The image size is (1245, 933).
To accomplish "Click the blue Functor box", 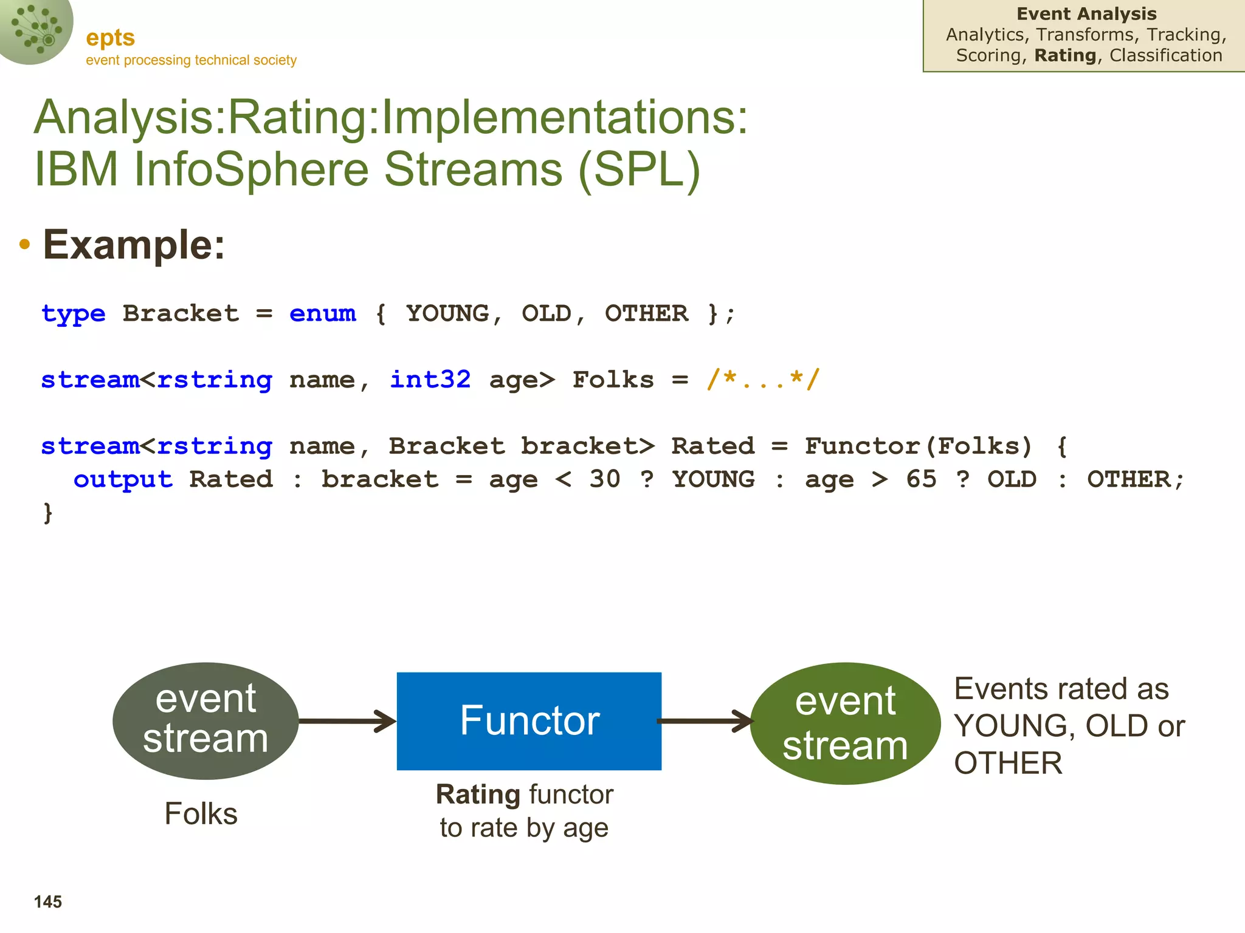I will point(529,721).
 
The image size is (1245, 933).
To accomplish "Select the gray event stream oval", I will point(205,721).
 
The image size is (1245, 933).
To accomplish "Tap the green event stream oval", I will point(845,723).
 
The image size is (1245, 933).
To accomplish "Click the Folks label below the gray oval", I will point(201,814).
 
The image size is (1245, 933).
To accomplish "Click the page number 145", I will point(48,902).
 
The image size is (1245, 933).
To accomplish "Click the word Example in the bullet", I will point(134,245).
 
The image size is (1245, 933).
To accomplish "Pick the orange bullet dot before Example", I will point(24,245).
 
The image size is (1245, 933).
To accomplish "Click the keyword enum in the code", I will point(323,314).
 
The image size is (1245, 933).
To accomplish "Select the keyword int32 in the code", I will point(430,380).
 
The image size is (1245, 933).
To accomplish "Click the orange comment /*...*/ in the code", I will point(764,380).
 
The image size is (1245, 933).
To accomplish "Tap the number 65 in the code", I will point(921,480).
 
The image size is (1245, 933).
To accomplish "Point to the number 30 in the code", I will point(605,480).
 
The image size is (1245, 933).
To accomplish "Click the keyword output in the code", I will point(123,480).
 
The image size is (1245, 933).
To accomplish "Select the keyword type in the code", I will point(74,314).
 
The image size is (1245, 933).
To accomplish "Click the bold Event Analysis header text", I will point(1086,14).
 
